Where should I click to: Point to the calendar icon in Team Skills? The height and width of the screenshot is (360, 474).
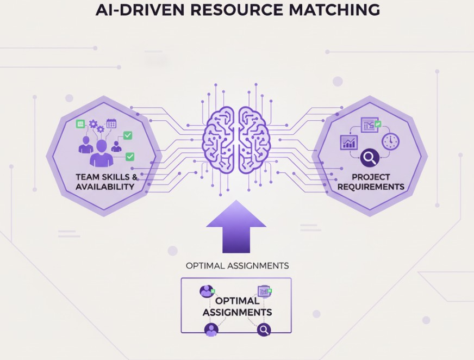point(111,123)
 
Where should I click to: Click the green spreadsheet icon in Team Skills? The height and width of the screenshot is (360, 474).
point(80,123)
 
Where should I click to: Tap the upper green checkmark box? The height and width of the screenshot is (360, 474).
point(128,135)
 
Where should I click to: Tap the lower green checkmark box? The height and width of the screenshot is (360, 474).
point(130,157)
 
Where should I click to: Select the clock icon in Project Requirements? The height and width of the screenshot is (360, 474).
point(390,141)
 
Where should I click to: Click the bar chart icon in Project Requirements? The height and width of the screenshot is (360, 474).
point(348,142)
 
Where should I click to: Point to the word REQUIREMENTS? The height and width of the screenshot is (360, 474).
point(371,187)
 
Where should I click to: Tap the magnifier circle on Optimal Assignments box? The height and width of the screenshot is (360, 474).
point(264,330)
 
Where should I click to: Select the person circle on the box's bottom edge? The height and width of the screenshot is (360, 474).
point(211,330)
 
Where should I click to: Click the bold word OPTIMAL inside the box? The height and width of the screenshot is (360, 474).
point(237,301)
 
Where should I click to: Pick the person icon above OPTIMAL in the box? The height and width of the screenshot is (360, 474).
point(206,291)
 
